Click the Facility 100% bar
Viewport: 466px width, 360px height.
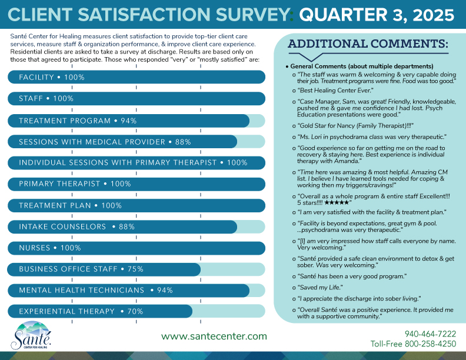pyautogui.click(x=136, y=77)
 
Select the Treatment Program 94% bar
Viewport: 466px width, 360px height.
pyautogui.click(x=128, y=121)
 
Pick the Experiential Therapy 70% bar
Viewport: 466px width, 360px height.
pyautogui.click(x=99, y=311)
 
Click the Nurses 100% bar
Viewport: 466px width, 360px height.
pyautogui.click(x=136, y=248)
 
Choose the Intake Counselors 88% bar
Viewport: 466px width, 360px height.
pyautogui.click(x=122, y=226)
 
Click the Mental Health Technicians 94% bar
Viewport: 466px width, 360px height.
pyautogui.click(x=128, y=290)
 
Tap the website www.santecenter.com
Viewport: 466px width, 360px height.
pyautogui.click(x=214, y=336)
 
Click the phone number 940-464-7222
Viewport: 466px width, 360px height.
pyautogui.click(x=430, y=334)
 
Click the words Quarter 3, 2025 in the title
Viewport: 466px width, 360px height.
pyautogui.click(x=374, y=14)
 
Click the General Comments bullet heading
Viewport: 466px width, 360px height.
pyautogui.click(x=361, y=66)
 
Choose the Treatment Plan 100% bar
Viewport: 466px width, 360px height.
pyautogui.click(x=136, y=205)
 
